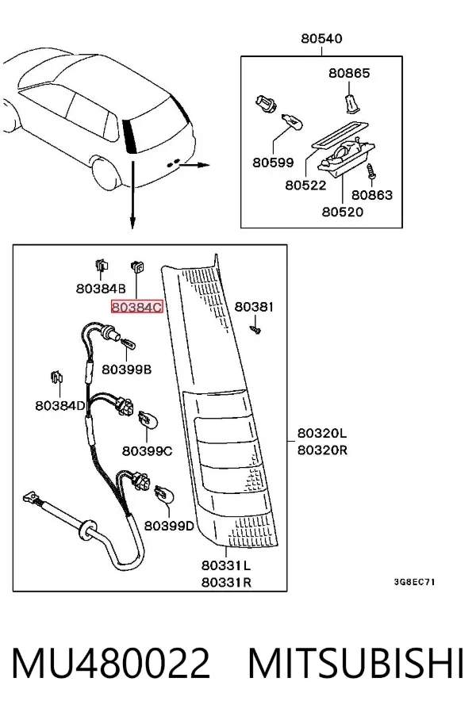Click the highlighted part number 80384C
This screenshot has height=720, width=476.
click(137, 306)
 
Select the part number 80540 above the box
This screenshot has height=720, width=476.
click(321, 38)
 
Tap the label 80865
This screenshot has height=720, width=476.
click(349, 73)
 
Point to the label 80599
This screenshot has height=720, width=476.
click(273, 163)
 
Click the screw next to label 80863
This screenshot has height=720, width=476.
click(370, 173)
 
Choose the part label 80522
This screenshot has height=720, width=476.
click(305, 185)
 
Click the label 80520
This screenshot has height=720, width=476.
click(342, 212)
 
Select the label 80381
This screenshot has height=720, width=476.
click(254, 306)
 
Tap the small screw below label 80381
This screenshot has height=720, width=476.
click(256, 329)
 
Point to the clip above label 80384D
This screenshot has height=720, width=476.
click(56, 378)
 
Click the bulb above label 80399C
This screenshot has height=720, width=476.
click(147, 419)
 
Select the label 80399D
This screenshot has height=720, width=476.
click(169, 526)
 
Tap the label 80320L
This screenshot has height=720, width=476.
click(322, 433)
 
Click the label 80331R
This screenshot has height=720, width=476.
click(227, 582)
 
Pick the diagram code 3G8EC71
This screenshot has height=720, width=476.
click(414, 582)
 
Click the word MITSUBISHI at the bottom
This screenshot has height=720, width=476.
click(356, 663)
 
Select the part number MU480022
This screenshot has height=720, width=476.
click(111, 663)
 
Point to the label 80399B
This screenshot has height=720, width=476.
click(126, 369)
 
